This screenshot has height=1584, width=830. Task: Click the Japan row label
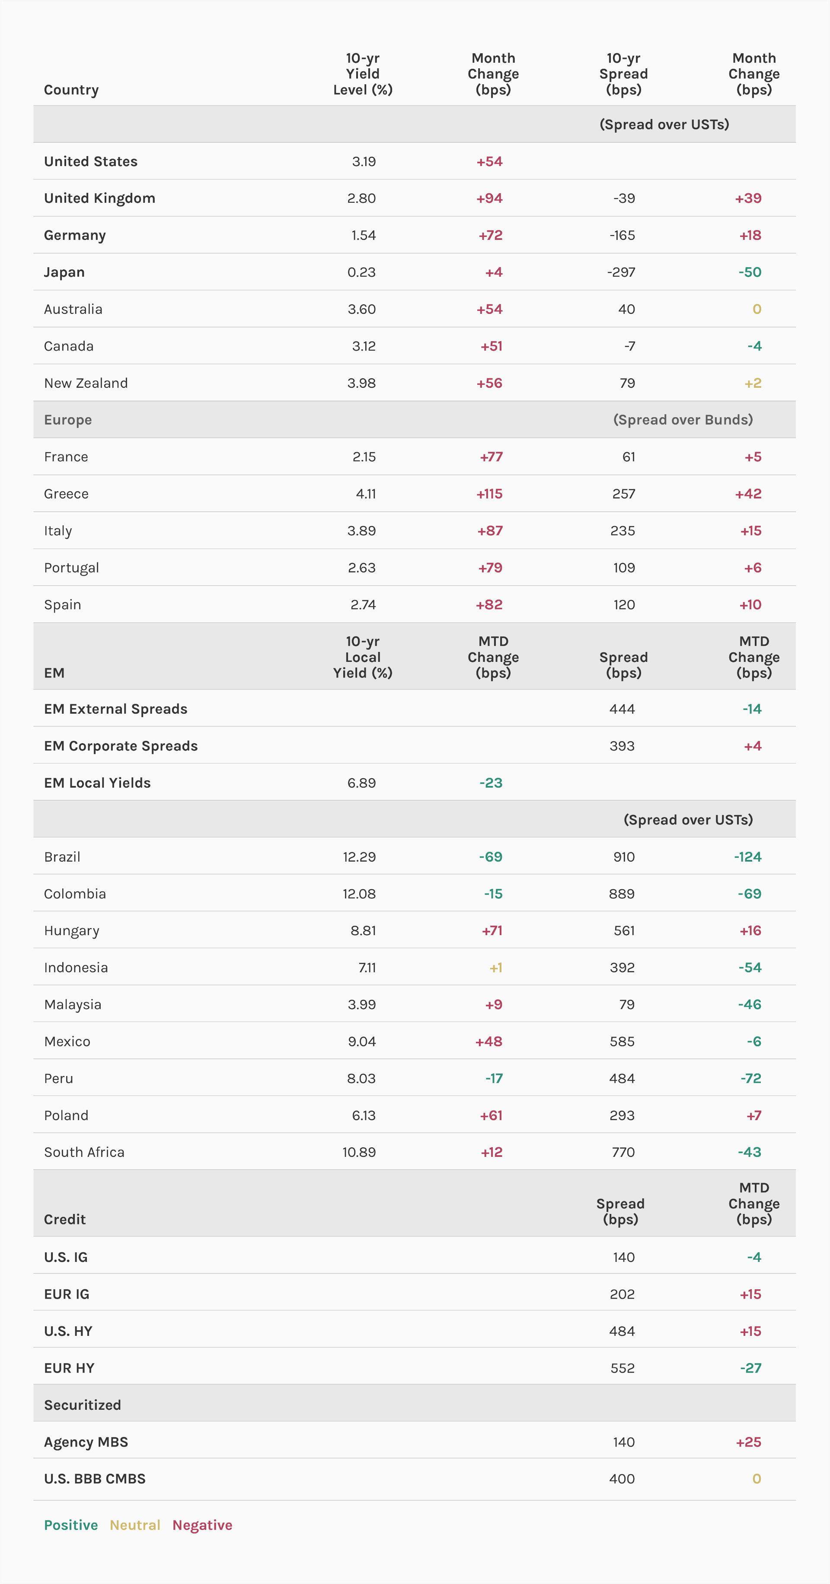(x=64, y=272)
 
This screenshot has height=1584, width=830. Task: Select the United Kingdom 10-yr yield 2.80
(x=361, y=198)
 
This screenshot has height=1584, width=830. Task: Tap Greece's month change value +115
(x=489, y=494)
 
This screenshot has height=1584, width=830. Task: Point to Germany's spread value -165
(x=622, y=235)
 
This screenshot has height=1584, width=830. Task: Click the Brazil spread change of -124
(x=747, y=856)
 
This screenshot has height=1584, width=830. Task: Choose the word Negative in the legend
(x=202, y=1525)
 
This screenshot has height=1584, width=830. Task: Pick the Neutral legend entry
(x=134, y=1525)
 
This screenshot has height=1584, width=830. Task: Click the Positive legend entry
(x=71, y=1525)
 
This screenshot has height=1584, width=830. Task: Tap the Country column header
(x=71, y=90)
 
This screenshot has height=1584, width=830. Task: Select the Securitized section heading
(x=83, y=1405)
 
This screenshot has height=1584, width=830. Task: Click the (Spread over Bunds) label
(x=683, y=420)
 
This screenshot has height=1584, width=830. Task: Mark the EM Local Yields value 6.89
(x=361, y=783)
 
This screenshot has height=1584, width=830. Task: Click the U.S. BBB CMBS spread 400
(x=622, y=1479)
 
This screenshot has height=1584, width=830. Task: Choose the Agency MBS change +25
(x=748, y=1442)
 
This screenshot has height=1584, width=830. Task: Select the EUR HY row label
(x=69, y=1368)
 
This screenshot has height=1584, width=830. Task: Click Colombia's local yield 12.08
(x=359, y=894)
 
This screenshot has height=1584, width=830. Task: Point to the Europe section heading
(x=67, y=420)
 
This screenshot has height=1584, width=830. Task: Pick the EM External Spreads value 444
(x=622, y=709)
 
